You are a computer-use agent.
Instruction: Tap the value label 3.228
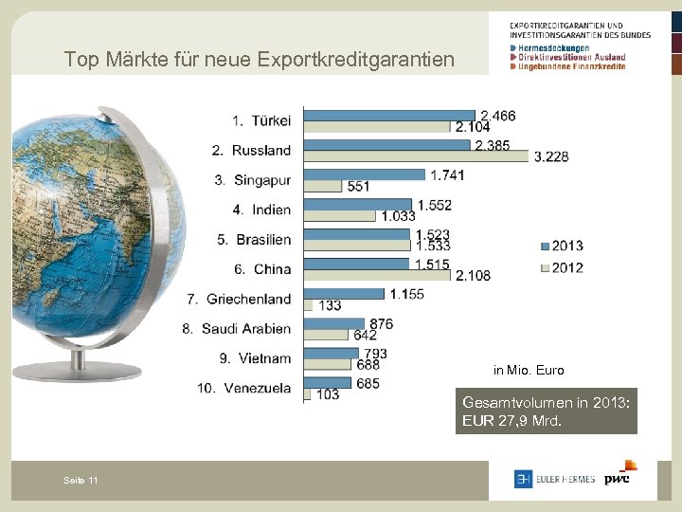[x=551, y=156]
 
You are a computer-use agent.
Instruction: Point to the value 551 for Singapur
[x=358, y=187]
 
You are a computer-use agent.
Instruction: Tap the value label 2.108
[x=473, y=275]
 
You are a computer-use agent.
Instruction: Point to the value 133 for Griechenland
[x=330, y=305]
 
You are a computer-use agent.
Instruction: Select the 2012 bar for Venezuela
[x=308, y=394]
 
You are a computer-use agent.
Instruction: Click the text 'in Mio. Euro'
[x=529, y=371]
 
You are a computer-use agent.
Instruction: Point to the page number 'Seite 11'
[x=81, y=481]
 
